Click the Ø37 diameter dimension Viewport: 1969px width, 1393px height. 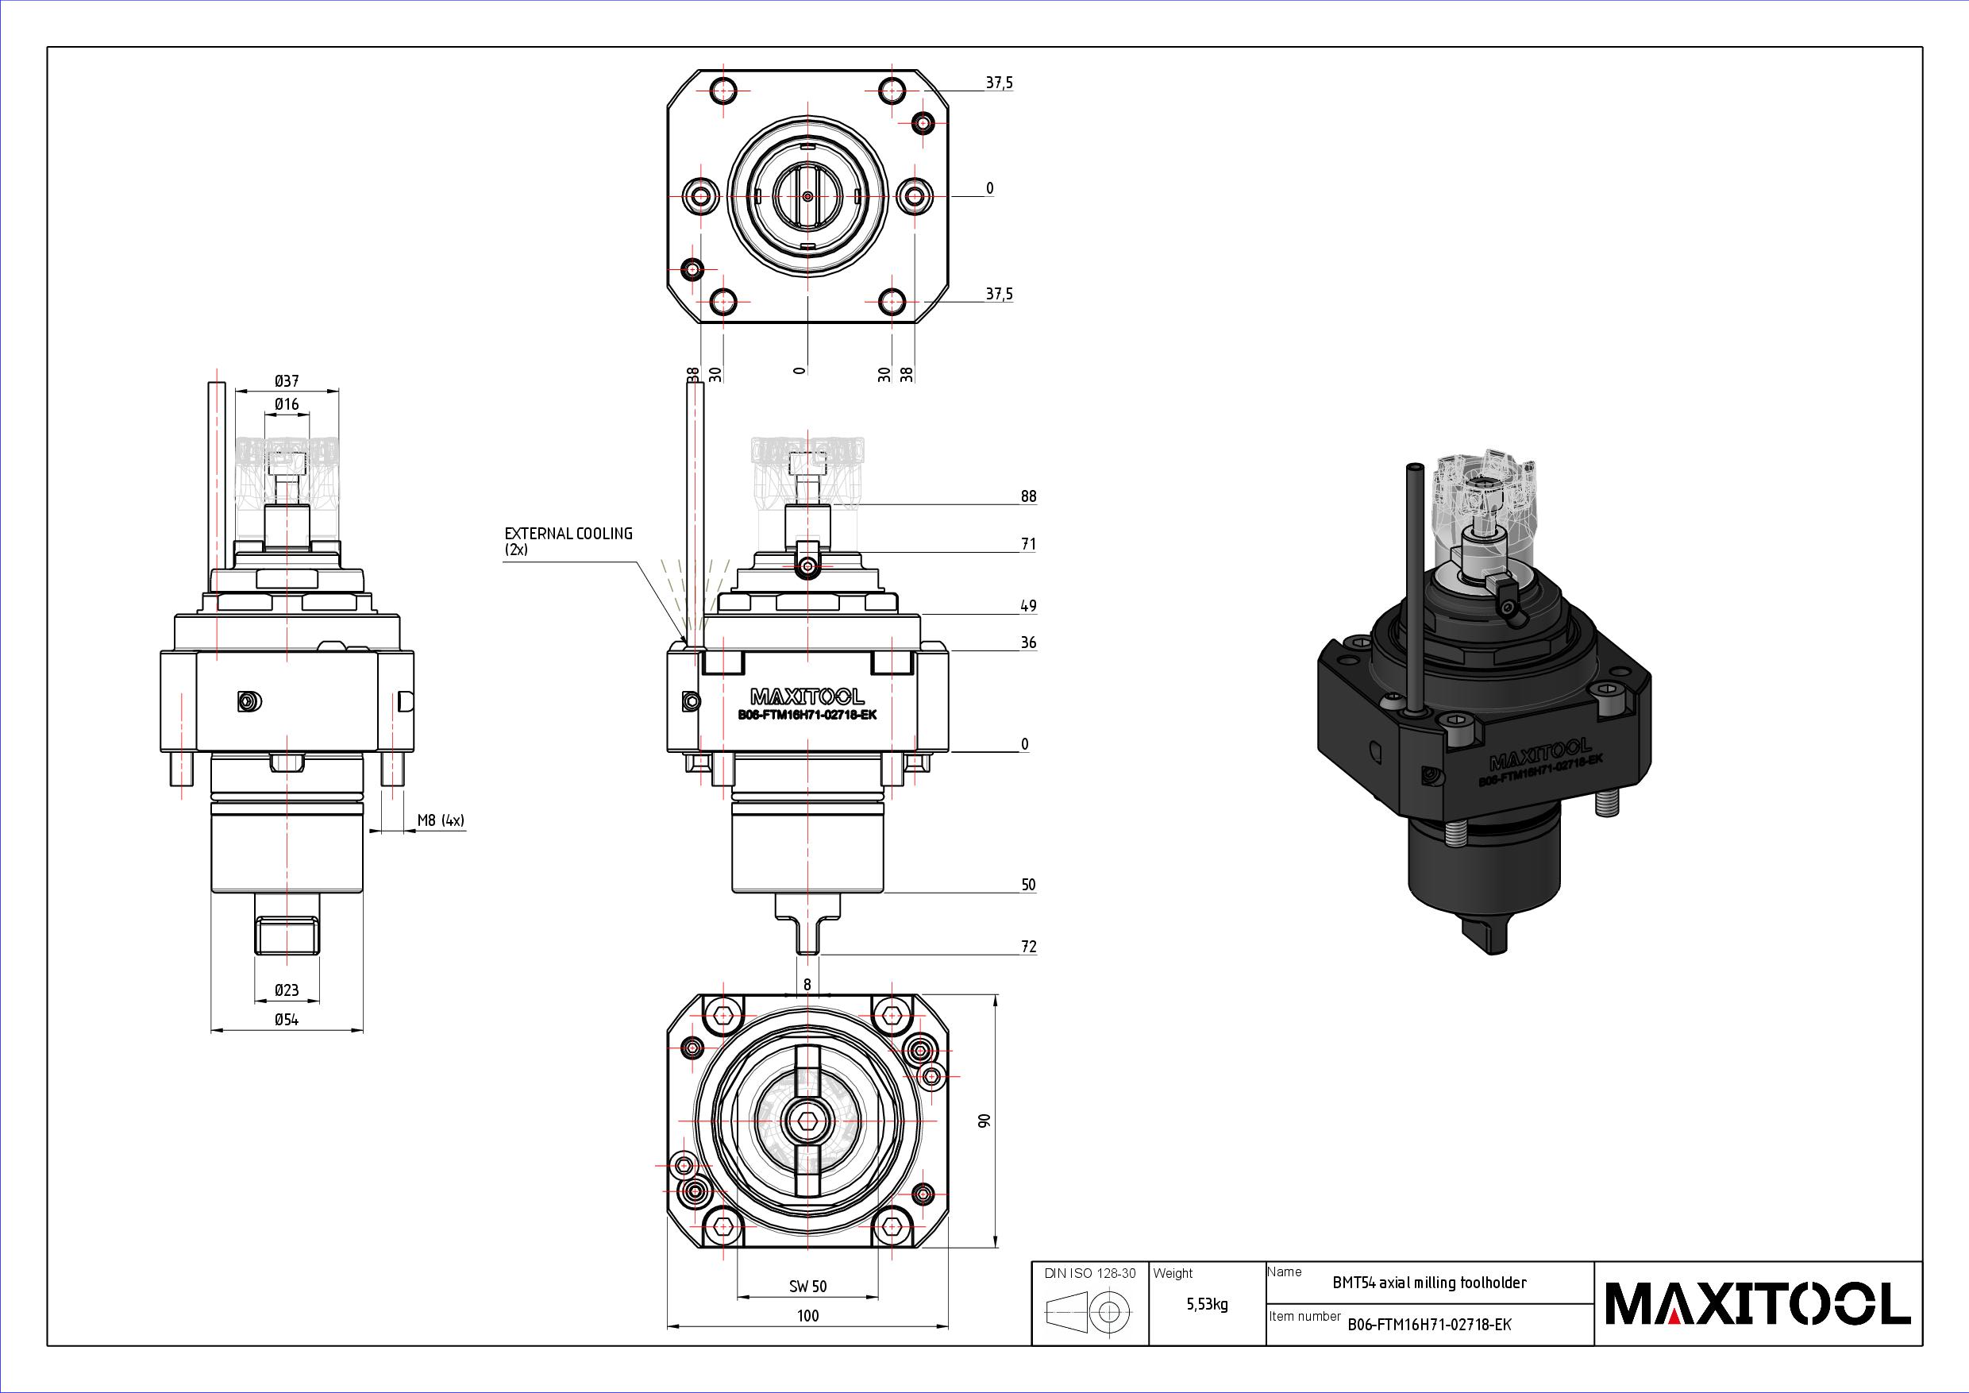point(287,381)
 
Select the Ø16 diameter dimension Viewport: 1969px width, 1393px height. point(287,404)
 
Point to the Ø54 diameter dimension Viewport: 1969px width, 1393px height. point(287,1020)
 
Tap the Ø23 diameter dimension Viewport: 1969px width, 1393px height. point(287,990)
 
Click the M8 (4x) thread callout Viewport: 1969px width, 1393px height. point(441,821)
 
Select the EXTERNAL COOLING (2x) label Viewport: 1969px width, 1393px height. point(568,542)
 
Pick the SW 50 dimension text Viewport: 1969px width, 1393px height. point(807,1286)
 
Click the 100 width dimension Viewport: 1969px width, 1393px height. point(807,1315)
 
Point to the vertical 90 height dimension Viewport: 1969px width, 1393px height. point(984,1121)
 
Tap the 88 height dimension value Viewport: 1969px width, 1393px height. point(1028,496)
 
